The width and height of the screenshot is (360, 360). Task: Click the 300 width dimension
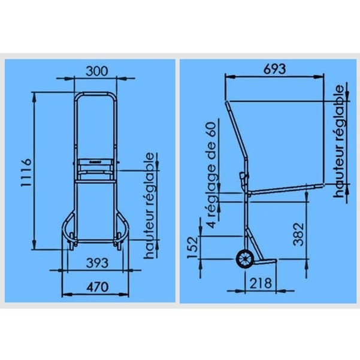point(96,71)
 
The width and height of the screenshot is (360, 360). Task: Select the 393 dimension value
point(97,262)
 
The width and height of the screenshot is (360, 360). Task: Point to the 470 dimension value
point(98,287)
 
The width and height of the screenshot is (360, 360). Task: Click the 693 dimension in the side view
point(275,69)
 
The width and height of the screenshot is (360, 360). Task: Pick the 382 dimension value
point(299,234)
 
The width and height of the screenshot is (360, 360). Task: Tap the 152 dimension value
point(192,247)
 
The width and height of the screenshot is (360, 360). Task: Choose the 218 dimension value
point(261,283)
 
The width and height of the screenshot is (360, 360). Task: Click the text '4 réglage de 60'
point(211,175)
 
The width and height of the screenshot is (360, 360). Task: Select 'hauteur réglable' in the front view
point(149,205)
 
